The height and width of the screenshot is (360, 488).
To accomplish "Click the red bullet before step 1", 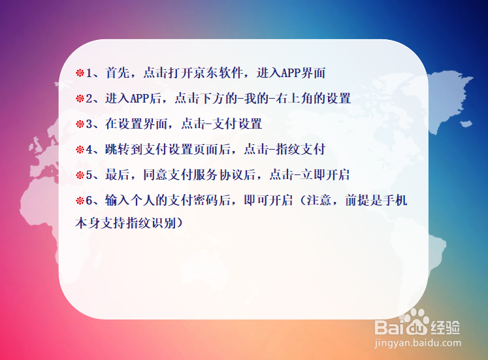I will [80, 73].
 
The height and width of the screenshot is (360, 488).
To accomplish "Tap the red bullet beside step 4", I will [80, 150].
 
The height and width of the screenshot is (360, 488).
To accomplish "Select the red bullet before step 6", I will [80, 200].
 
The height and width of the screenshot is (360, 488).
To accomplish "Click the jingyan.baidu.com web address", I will [418, 342].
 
